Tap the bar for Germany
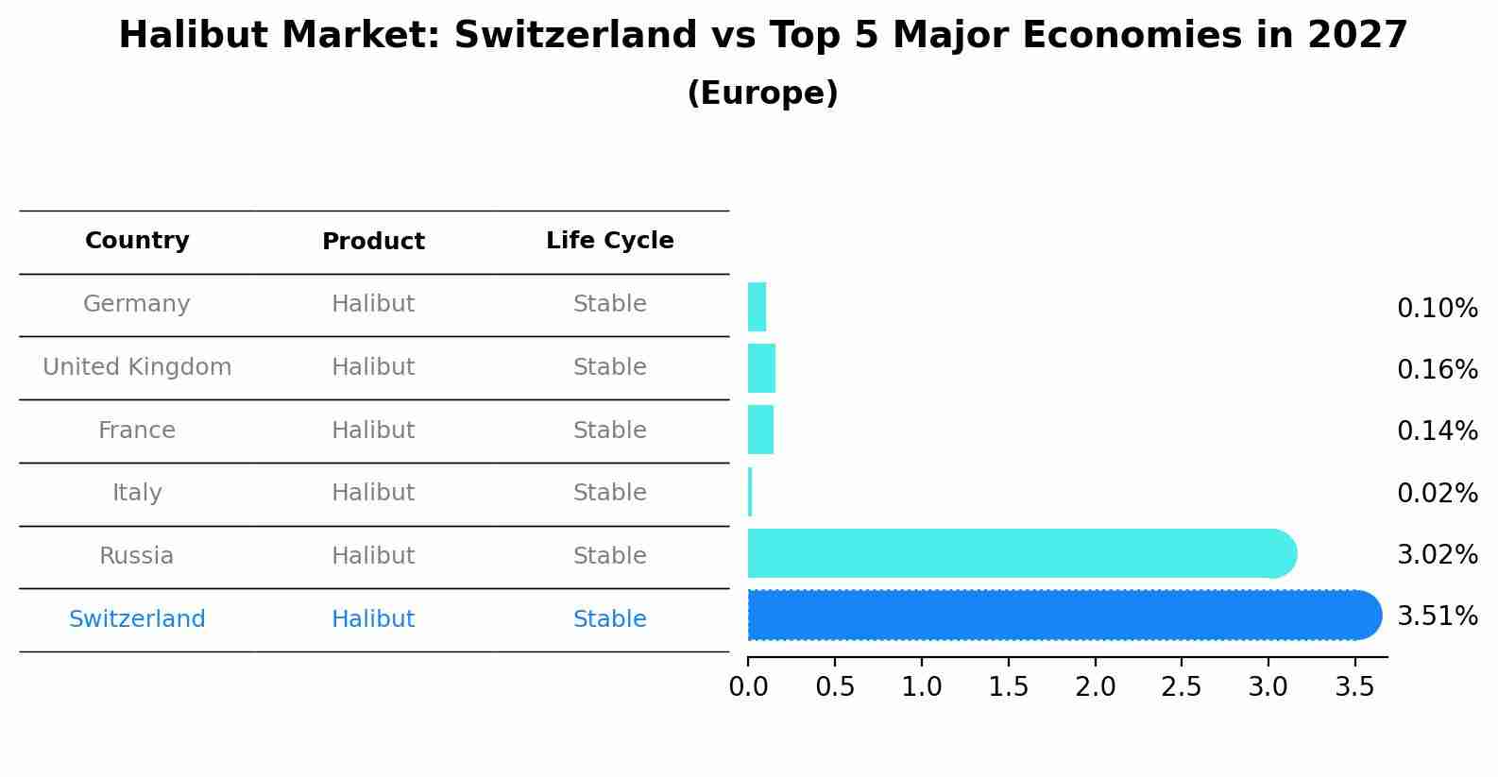pyautogui.click(x=757, y=307)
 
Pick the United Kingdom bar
pyautogui.click(x=761, y=368)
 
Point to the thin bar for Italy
pyautogui.click(x=750, y=492)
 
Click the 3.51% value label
pyautogui.click(x=1437, y=617)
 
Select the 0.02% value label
pyautogui.click(x=1437, y=493)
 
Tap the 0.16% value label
pyautogui.click(x=1437, y=369)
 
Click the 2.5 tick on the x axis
pyautogui.click(x=1181, y=687)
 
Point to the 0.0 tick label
pyautogui.click(x=748, y=687)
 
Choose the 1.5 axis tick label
pyautogui.click(x=1008, y=687)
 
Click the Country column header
pyautogui.click(x=137, y=241)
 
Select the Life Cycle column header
pyautogui.click(x=609, y=241)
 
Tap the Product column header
pyautogui.click(x=373, y=242)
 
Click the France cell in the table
pyautogui.click(x=137, y=431)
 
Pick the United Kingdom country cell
pyautogui.click(x=137, y=367)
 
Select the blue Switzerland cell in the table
pyautogui.click(x=137, y=619)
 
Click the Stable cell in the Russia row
pyautogui.click(x=609, y=556)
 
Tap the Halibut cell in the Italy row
pyautogui.click(x=373, y=493)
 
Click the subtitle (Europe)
pyautogui.click(x=762, y=93)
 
